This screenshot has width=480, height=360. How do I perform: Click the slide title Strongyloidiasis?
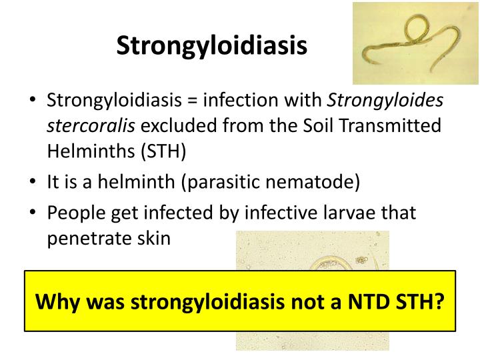212,45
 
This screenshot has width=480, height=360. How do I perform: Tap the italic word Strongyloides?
386,101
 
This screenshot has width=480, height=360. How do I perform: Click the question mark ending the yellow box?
439,301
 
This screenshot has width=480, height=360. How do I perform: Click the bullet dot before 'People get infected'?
32,213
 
